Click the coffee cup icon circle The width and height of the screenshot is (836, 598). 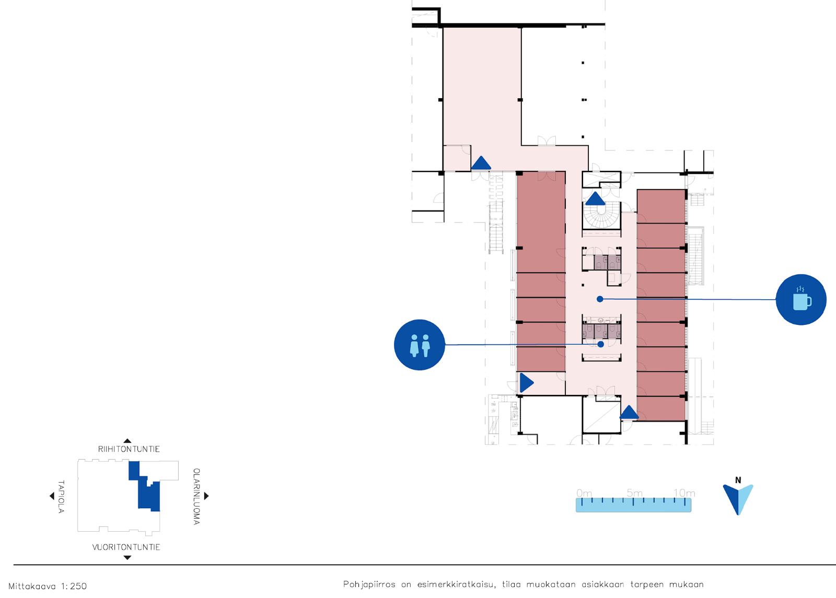tap(801, 300)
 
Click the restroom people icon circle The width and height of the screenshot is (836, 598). tap(420, 345)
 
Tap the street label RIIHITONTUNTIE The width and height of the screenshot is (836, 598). tap(129, 449)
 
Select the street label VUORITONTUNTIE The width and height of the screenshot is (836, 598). tap(126, 547)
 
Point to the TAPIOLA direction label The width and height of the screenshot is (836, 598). tap(61, 497)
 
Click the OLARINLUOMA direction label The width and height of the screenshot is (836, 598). tap(196, 497)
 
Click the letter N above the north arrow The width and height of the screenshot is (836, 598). tap(738, 480)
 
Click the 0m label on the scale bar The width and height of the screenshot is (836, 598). tap(584, 493)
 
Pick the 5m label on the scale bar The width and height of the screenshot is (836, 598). tap(634, 493)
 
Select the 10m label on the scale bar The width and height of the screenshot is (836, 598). tap(684, 493)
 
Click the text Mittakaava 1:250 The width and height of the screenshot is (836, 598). tap(48, 586)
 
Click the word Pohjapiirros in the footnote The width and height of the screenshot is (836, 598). tap(369, 584)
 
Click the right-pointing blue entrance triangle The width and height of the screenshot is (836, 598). tap(526, 382)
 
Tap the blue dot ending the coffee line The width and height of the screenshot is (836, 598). tap(600, 299)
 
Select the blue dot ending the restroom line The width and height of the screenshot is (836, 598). tap(600, 344)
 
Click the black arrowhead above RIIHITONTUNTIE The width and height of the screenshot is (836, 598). tap(127, 441)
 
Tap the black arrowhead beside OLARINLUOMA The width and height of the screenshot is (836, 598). tap(206, 496)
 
